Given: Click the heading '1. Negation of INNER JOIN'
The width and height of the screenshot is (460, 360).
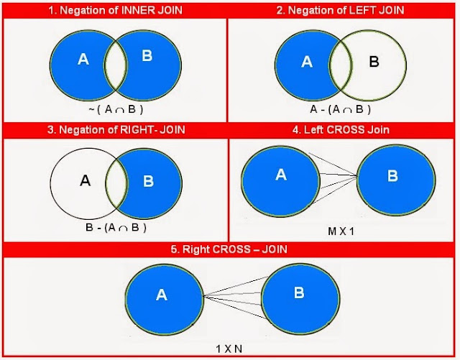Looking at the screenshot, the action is (x=115, y=10).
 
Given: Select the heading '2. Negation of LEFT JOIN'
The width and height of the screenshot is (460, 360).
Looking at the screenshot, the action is (x=340, y=10).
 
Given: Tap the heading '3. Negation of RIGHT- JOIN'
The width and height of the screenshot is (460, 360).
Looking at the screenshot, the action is (x=116, y=129).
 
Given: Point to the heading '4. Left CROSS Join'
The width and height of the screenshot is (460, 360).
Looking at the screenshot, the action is (x=341, y=129).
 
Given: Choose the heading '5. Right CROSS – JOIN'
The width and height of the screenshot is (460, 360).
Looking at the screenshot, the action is (x=229, y=249).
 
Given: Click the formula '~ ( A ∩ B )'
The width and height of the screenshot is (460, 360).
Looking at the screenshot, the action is (x=116, y=109).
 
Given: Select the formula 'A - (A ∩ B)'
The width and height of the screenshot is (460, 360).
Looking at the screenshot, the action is (x=340, y=109).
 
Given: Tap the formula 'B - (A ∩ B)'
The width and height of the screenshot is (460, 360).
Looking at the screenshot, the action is (x=116, y=228).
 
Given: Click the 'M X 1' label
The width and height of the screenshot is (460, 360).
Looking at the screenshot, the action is (x=341, y=231).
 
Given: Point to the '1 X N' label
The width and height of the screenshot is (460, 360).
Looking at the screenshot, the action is (x=229, y=349).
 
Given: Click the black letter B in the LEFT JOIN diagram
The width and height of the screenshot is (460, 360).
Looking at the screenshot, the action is (x=374, y=62).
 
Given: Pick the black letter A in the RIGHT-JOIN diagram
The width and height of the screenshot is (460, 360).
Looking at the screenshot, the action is (x=85, y=180).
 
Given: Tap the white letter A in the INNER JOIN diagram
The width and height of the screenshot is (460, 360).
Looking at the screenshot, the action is (x=83, y=59).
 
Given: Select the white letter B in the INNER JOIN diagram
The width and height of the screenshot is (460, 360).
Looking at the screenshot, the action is (x=147, y=55).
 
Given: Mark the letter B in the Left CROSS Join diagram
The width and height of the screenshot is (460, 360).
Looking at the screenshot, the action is (x=392, y=176).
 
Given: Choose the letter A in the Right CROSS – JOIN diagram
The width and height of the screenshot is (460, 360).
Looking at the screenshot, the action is (x=162, y=295).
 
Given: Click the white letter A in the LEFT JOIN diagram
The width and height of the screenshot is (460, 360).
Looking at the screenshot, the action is (x=307, y=62).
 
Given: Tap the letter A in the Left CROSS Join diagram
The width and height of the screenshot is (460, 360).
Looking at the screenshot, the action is (x=281, y=175).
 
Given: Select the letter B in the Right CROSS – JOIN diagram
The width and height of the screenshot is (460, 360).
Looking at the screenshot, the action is (x=299, y=292).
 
